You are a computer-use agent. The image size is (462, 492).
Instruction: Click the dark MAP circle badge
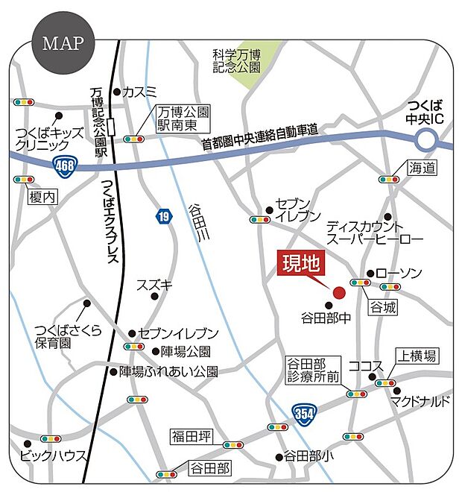click(63, 43)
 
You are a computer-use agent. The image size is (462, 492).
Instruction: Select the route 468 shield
click(65, 164)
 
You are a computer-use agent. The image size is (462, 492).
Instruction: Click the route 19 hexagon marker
click(162, 216)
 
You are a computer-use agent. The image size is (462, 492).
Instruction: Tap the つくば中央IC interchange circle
click(426, 139)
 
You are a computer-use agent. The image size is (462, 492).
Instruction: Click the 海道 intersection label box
click(421, 168)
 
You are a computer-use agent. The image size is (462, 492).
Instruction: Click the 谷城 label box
click(382, 306)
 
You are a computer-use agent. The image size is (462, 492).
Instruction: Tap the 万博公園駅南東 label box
click(183, 119)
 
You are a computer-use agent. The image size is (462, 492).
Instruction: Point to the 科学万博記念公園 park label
click(235, 60)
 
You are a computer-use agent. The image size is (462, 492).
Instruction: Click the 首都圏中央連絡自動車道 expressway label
click(260, 139)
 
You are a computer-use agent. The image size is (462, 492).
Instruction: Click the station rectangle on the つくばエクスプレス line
click(111, 127)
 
